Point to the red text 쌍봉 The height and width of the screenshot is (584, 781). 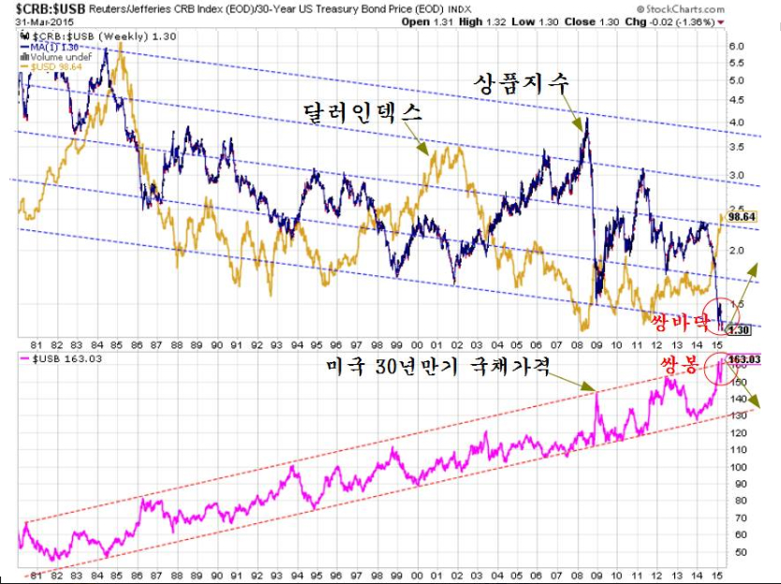tap(676, 367)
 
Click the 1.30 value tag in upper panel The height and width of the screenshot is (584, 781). tap(739, 330)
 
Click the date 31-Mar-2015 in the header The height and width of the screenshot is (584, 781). tap(42, 22)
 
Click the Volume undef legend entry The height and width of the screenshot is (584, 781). tap(62, 58)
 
